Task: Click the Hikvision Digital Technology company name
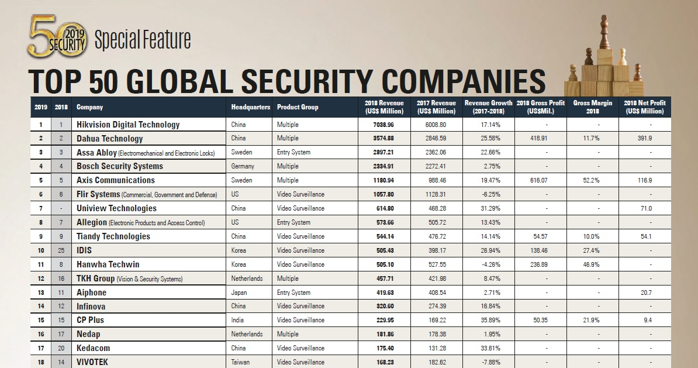click(x=128, y=125)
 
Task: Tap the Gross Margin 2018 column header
click(x=592, y=107)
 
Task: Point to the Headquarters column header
click(x=251, y=108)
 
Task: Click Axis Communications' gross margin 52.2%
click(x=592, y=181)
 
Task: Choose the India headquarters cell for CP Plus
click(x=237, y=320)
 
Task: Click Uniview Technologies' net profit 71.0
click(x=645, y=208)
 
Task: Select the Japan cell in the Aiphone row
click(x=239, y=293)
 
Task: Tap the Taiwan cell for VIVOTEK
click(x=240, y=362)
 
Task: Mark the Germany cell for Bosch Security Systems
click(x=243, y=166)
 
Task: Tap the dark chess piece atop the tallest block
click(x=604, y=32)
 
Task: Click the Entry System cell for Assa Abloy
click(x=293, y=153)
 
